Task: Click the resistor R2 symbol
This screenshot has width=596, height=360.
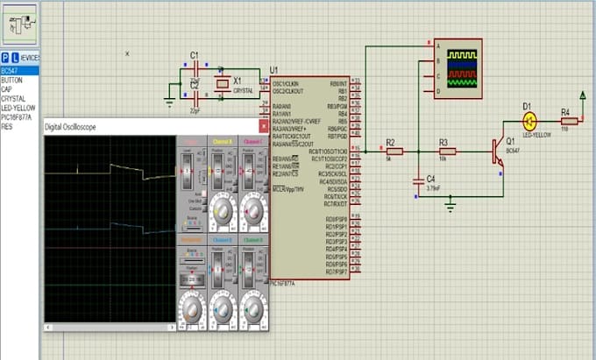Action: [x=394, y=151]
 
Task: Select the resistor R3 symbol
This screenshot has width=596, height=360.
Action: [x=444, y=151]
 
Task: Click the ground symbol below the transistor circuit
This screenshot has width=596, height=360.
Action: [x=451, y=206]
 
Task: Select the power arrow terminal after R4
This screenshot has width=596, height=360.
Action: [x=584, y=95]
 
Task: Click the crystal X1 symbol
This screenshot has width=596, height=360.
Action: [x=223, y=84]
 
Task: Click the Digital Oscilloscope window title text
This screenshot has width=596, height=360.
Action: [x=71, y=128]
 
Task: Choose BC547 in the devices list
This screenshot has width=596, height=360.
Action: [x=10, y=69]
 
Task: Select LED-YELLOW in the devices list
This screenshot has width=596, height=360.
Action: [x=18, y=109]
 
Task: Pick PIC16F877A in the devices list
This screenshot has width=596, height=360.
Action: [x=18, y=116]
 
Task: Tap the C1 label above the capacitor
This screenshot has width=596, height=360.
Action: [x=195, y=54]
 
